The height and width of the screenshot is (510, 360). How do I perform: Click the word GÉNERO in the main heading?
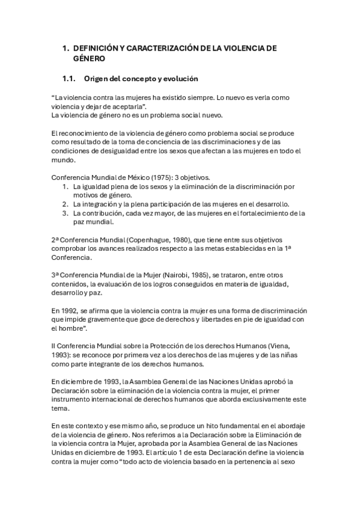pos(89,58)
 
